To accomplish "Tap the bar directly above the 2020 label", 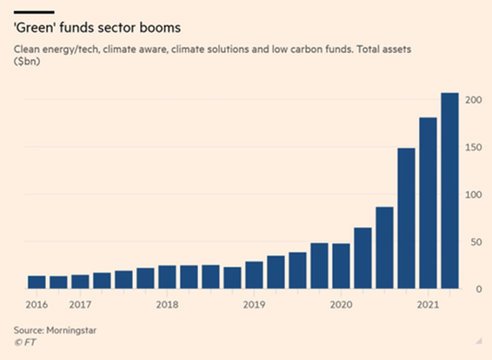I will pyautogui.click(x=341, y=266).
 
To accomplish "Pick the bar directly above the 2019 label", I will pyautogui.click(x=254, y=276).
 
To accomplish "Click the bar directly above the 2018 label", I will pyautogui.click(x=167, y=277).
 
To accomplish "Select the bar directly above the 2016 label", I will pyautogui.click(x=37, y=282).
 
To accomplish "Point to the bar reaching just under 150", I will pyautogui.click(x=406, y=218).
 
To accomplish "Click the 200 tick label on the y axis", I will pyautogui.click(x=473, y=100).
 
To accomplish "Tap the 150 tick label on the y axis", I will pyautogui.click(x=473, y=147).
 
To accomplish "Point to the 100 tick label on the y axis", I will pyautogui.click(x=473, y=194).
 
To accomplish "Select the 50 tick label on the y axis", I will pyautogui.click(x=475, y=242).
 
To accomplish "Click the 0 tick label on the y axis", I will pyautogui.click(x=477, y=289).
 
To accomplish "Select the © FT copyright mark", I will pyautogui.click(x=25, y=342).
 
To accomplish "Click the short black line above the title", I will pyautogui.click(x=34, y=12).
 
